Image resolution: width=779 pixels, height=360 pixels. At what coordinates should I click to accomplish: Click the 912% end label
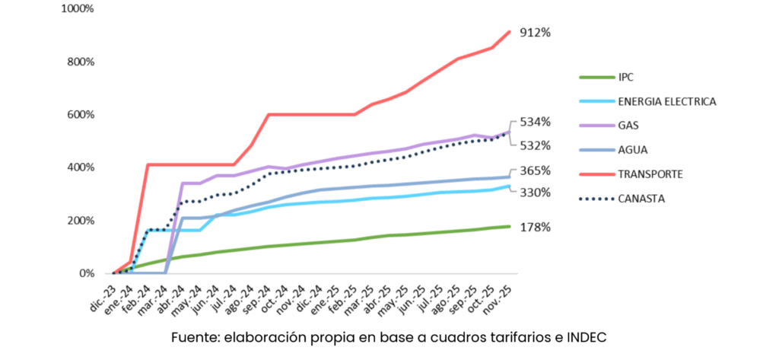[535, 33]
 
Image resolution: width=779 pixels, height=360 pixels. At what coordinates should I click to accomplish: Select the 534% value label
[535, 122]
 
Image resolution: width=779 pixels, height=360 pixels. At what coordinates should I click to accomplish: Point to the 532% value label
[535, 145]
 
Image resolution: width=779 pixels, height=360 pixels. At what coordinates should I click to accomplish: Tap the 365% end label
[535, 170]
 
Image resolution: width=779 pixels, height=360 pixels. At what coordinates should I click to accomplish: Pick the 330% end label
[535, 193]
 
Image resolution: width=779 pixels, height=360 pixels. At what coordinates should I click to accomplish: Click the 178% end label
[535, 227]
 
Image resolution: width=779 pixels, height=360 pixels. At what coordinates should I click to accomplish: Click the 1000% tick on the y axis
[78, 9]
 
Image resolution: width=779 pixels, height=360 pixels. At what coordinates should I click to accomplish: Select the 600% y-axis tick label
[81, 115]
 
